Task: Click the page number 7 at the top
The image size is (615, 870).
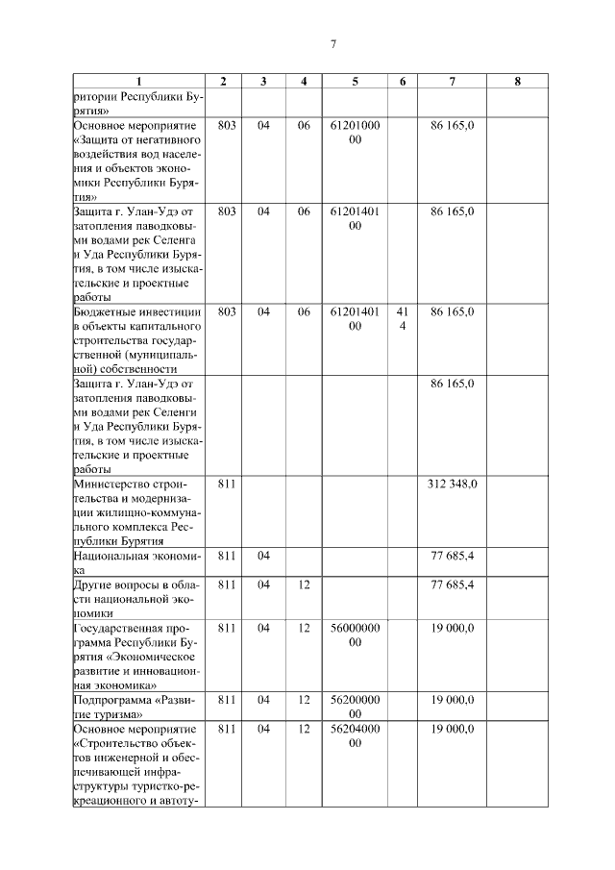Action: (332, 44)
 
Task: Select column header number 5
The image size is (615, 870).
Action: (355, 82)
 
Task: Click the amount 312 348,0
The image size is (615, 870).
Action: (452, 483)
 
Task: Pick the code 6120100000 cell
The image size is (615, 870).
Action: (355, 133)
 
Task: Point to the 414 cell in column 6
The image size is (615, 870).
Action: (403, 319)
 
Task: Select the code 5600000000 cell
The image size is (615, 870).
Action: (355, 634)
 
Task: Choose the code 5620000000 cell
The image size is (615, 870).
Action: (355, 708)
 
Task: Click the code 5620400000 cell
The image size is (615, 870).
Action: (355, 736)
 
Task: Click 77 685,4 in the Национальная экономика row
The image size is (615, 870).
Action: (452, 555)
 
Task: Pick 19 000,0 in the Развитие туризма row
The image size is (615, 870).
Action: (452, 701)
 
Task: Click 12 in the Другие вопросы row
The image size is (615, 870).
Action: (304, 584)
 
